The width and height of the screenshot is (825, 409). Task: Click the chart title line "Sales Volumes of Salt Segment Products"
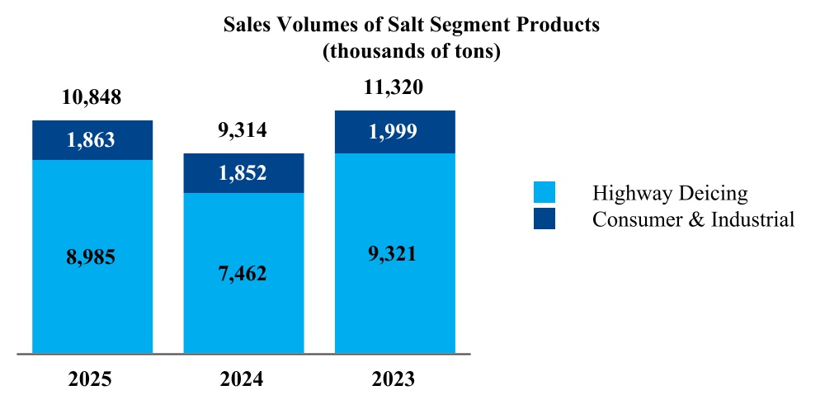pyautogui.click(x=412, y=25)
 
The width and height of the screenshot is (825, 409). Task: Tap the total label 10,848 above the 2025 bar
pyautogui.click(x=92, y=97)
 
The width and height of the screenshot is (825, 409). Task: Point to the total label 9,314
pyautogui.click(x=243, y=130)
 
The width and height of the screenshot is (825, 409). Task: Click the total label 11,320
pyautogui.click(x=394, y=87)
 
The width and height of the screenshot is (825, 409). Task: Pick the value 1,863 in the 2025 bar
pyautogui.click(x=92, y=140)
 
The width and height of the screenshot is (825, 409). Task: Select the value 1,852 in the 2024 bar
pyautogui.click(x=243, y=173)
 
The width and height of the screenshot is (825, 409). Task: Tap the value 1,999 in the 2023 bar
pyautogui.click(x=394, y=132)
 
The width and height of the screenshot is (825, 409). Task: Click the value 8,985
pyautogui.click(x=92, y=257)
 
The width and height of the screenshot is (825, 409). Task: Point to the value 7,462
pyautogui.click(x=243, y=273)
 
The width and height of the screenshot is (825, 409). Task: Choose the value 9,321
pyautogui.click(x=394, y=253)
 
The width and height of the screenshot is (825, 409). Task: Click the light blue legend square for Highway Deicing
pyautogui.click(x=544, y=193)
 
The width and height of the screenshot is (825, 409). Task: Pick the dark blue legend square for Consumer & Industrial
pyautogui.click(x=544, y=219)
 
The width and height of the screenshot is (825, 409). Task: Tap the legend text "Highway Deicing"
pyautogui.click(x=670, y=194)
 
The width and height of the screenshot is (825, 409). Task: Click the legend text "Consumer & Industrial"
pyautogui.click(x=693, y=219)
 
